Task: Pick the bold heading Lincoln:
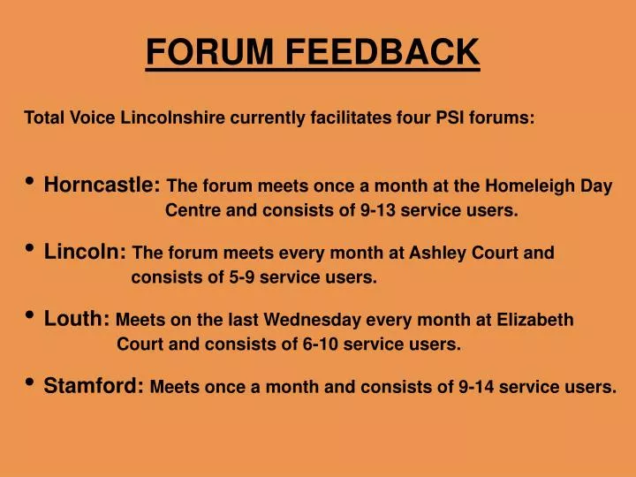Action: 85,253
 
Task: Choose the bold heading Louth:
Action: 77,319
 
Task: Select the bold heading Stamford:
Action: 94,386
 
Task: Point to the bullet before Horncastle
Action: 30,183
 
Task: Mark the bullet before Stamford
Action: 30,383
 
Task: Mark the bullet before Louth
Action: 30,316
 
